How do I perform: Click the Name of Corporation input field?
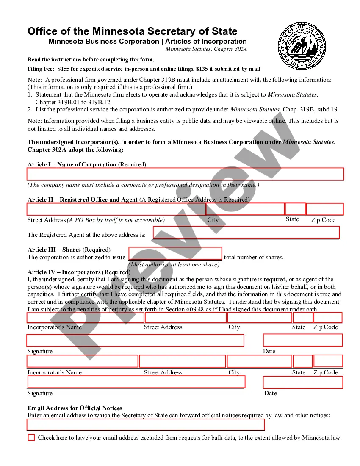pyautogui.click(x=185, y=174)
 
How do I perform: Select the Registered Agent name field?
pyautogui.click(x=246, y=232)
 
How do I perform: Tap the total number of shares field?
pyautogui.click(x=175, y=253)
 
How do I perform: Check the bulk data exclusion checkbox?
pyautogui.click(x=31, y=438)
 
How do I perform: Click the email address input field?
pyautogui.click(x=146, y=424)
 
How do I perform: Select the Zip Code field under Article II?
pyautogui.click(x=324, y=209)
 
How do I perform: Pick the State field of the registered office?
pyautogui.click(x=295, y=209)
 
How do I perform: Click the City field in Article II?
pyautogui.click(x=245, y=209)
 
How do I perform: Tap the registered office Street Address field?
pyautogui.click(x=116, y=209)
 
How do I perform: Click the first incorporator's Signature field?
pyautogui.click(x=135, y=341)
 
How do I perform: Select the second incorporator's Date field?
pyautogui.click(x=302, y=382)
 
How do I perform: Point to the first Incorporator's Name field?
pyautogui.click(x=86, y=317)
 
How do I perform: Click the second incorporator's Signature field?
pyautogui.click(x=136, y=382)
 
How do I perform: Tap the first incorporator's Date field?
pyautogui.click(x=302, y=340)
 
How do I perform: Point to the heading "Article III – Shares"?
pyautogui.click(x=54, y=250)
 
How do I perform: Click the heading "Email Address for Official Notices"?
pyautogui.click(x=75, y=408)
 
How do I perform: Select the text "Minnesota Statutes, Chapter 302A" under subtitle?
pyautogui.click(x=206, y=49)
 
